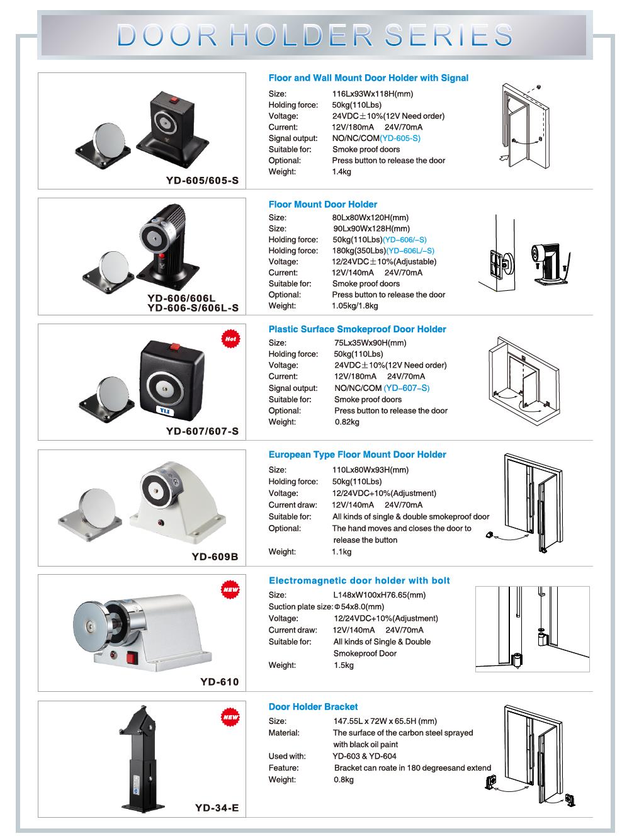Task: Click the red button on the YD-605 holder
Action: point(174,100)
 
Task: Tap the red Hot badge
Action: point(230,339)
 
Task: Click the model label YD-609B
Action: point(215,556)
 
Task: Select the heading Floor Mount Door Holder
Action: point(323,205)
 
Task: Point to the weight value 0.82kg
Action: point(347,422)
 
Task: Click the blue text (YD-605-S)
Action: point(400,138)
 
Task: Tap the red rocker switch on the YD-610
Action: point(131,658)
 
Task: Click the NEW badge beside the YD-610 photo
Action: point(230,589)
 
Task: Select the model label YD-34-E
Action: point(217,808)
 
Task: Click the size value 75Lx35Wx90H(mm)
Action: point(370,342)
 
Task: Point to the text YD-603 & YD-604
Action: point(364,756)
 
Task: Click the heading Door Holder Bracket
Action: point(313,707)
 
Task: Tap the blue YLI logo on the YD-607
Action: point(164,410)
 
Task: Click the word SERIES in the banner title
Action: point(448,35)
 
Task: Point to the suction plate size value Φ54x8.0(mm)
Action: point(359,606)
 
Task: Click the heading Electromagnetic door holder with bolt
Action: point(359,580)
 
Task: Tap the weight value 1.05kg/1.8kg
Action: point(354,306)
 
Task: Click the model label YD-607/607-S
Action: point(203,431)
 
